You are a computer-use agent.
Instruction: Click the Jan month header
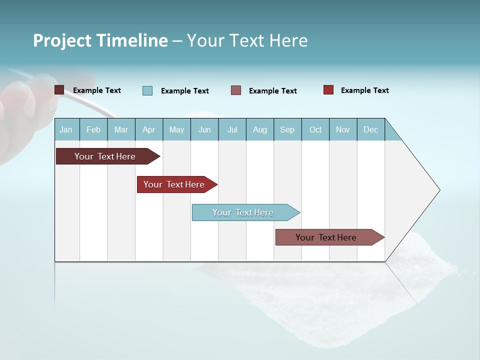66,129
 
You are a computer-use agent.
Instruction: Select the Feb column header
93,129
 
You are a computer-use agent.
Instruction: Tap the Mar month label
121,129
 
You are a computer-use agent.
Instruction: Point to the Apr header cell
148,129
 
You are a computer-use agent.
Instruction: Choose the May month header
176,129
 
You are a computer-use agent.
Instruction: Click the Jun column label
204,129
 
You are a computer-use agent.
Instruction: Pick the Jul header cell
232,129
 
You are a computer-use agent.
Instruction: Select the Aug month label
260,129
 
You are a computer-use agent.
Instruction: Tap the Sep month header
287,129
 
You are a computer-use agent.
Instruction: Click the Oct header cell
315,129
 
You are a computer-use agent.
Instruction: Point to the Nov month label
343,129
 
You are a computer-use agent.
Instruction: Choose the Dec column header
371,129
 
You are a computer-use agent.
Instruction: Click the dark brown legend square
59,90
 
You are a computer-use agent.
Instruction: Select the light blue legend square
147,90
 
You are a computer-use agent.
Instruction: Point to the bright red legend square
328,90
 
